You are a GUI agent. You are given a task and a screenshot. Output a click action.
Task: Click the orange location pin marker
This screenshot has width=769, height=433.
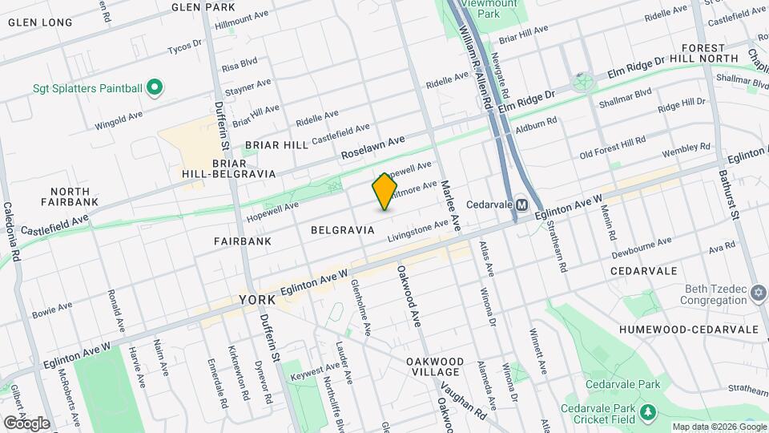384,191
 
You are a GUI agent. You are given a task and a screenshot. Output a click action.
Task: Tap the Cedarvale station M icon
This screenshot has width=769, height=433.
521,204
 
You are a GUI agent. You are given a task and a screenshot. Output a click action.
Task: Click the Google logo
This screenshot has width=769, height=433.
26,423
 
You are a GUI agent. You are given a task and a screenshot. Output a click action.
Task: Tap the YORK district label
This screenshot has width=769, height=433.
257,300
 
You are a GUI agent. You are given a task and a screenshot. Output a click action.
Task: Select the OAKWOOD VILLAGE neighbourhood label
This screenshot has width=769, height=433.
433,366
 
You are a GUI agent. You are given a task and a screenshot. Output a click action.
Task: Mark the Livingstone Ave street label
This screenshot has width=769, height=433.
418,231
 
